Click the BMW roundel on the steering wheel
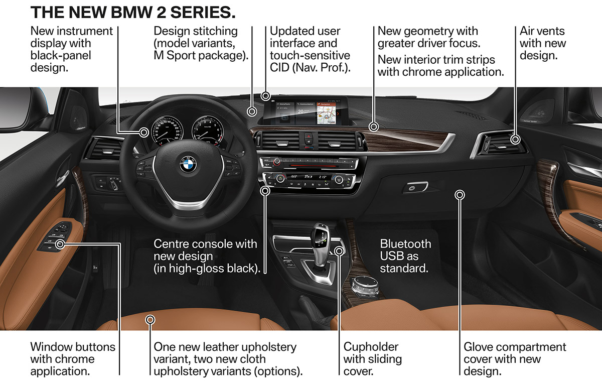click(188, 164)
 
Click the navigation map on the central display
click(326, 115)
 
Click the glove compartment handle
click(415, 187)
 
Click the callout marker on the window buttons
click(61, 244)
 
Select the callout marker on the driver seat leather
click(150, 320)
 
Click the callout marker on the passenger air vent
click(515, 140)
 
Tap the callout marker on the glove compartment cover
click(460, 195)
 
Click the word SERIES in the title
click(203, 13)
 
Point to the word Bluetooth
click(405, 244)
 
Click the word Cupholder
click(371, 347)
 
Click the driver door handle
click(62, 178)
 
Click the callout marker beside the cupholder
click(339, 251)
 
